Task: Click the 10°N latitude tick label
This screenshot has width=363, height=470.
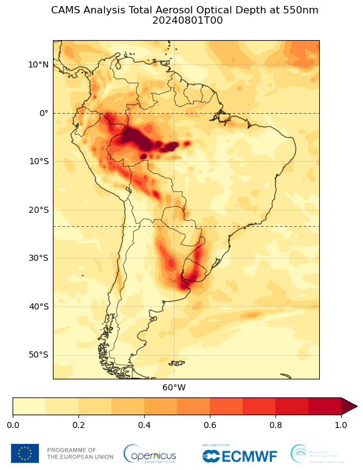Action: (x=38, y=64)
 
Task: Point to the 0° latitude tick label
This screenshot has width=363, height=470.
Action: (x=43, y=113)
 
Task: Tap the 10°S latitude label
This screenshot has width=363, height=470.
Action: (x=38, y=161)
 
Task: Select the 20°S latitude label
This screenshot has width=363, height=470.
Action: (x=38, y=210)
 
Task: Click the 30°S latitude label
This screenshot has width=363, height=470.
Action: (x=38, y=258)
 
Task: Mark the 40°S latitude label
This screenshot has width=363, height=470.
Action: (x=38, y=306)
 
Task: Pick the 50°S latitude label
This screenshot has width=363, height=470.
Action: (x=38, y=354)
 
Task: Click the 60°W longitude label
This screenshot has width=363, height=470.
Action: (x=174, y=387)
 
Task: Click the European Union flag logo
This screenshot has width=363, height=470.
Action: (x=25, y=453)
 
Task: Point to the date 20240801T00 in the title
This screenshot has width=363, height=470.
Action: (x=185, y=20)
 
